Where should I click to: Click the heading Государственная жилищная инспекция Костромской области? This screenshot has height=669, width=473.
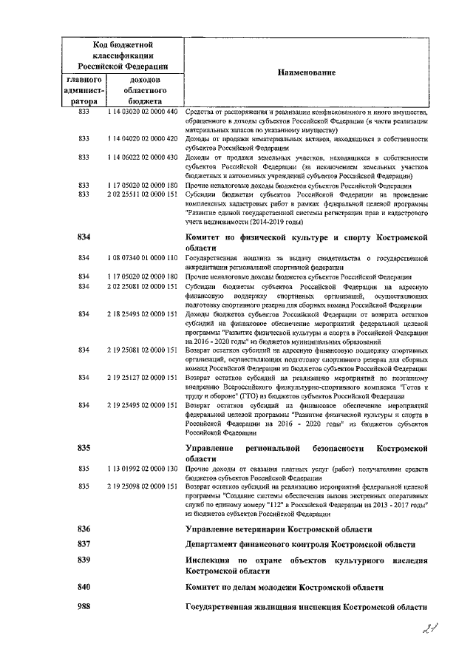tap(306, 607)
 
